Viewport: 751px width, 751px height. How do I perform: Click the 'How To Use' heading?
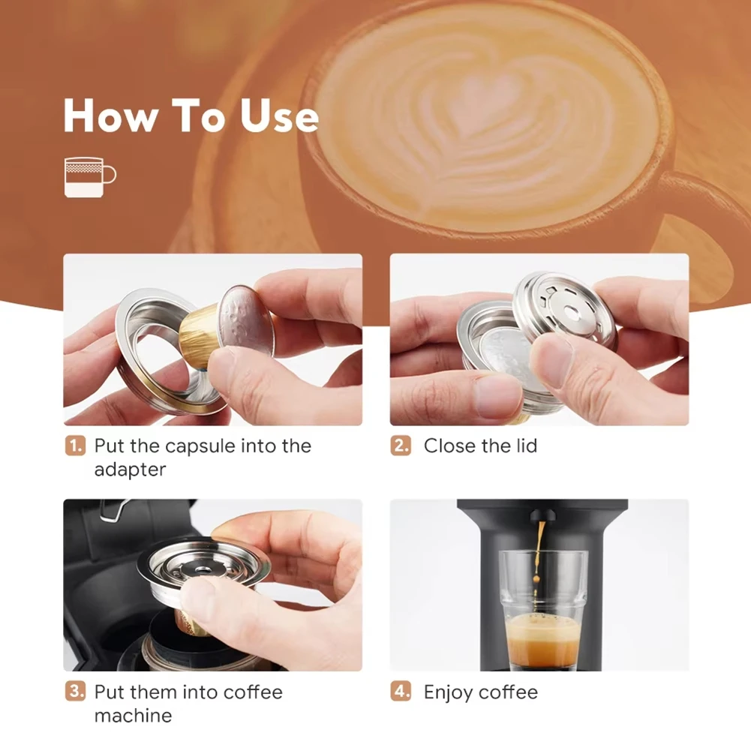[191, 116]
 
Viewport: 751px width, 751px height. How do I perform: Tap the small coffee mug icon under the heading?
[89, 177]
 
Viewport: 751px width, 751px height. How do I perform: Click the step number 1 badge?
[75, 446]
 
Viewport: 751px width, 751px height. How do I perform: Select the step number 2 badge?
[401, 446]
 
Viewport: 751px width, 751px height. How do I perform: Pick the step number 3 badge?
[75, 692]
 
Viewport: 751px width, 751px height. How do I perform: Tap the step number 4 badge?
[401, 692]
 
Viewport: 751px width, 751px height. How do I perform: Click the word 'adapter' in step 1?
[129, 470]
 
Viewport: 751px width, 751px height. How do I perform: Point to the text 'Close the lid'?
[480, 446]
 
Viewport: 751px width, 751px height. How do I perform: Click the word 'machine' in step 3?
[133, 716]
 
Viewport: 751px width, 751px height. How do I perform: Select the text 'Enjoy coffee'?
[480, 692]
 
